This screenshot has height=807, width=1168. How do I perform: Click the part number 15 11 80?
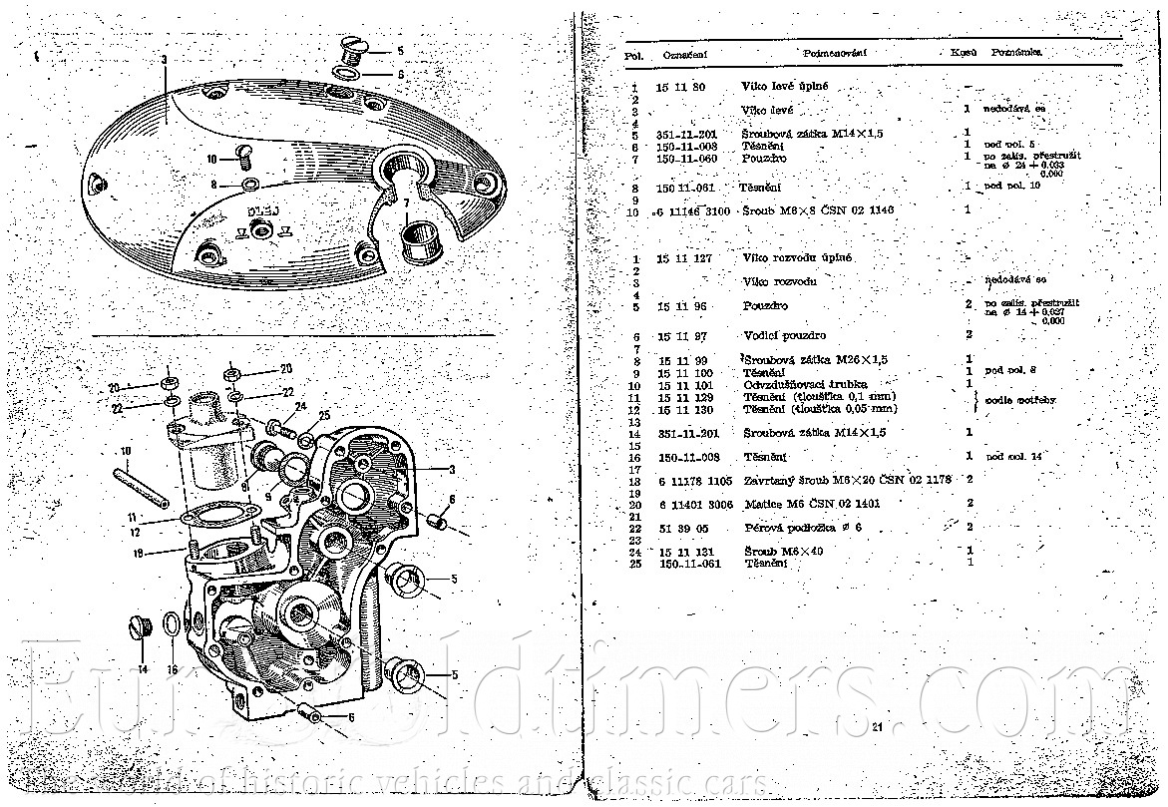[x=681, y=88]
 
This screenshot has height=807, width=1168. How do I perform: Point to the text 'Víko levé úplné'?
[x=785, y=88]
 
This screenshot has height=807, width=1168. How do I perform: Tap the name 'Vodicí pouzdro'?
[x=784, y=335]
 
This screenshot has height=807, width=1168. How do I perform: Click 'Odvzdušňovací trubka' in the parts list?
[x=805, y=384]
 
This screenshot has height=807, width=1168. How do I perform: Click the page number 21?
[x=877, y=726]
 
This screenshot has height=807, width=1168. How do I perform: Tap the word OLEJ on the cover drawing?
[x=261, y=212]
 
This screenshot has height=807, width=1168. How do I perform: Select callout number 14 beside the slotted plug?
[x=143, y=669]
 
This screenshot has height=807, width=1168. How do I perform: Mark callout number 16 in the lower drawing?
[x=172, y=669]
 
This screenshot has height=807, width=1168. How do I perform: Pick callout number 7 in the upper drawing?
[x=406, y=203]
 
